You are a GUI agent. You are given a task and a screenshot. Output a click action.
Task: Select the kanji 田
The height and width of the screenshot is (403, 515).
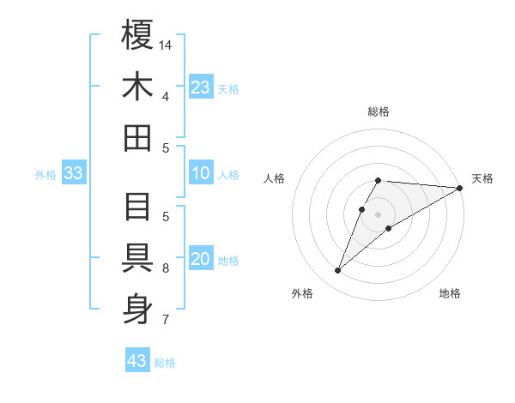click(x=137, y=137)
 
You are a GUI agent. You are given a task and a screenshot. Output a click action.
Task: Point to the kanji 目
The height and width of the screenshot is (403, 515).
click(x=137, y=207)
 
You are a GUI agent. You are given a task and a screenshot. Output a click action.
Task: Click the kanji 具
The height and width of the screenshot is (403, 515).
click(x=137, y=258)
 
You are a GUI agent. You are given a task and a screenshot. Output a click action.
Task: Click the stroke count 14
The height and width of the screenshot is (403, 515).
click(x=166, y=45)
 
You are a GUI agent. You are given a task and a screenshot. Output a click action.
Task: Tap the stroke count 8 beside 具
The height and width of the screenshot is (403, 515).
click(x=166, y=268)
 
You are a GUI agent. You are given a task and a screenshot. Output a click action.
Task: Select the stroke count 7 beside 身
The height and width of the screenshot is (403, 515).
click(x=166, y=320)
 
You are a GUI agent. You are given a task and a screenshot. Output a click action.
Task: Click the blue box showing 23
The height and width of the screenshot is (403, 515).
click(x=201, y=87)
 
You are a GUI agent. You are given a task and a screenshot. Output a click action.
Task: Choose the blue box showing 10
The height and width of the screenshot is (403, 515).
click(x=201, y=173)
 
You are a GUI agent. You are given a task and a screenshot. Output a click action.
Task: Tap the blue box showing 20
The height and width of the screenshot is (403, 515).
click(x=201, y=259)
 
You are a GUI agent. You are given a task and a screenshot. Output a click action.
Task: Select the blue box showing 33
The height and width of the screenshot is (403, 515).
click(x=74, y=173)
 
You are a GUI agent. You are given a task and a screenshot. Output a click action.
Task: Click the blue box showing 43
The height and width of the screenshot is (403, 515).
click(x=137, y=360)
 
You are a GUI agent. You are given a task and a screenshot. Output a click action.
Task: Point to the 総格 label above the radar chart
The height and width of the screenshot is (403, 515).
click(x=379, y=111)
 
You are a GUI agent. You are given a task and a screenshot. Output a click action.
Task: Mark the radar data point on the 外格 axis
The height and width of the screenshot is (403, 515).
click(x=338, y=271)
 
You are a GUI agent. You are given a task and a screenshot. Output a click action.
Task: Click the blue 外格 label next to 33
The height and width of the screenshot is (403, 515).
click(x=45, y=175)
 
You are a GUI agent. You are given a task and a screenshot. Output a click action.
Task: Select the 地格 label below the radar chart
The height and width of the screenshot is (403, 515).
click(x=450, y=294)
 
